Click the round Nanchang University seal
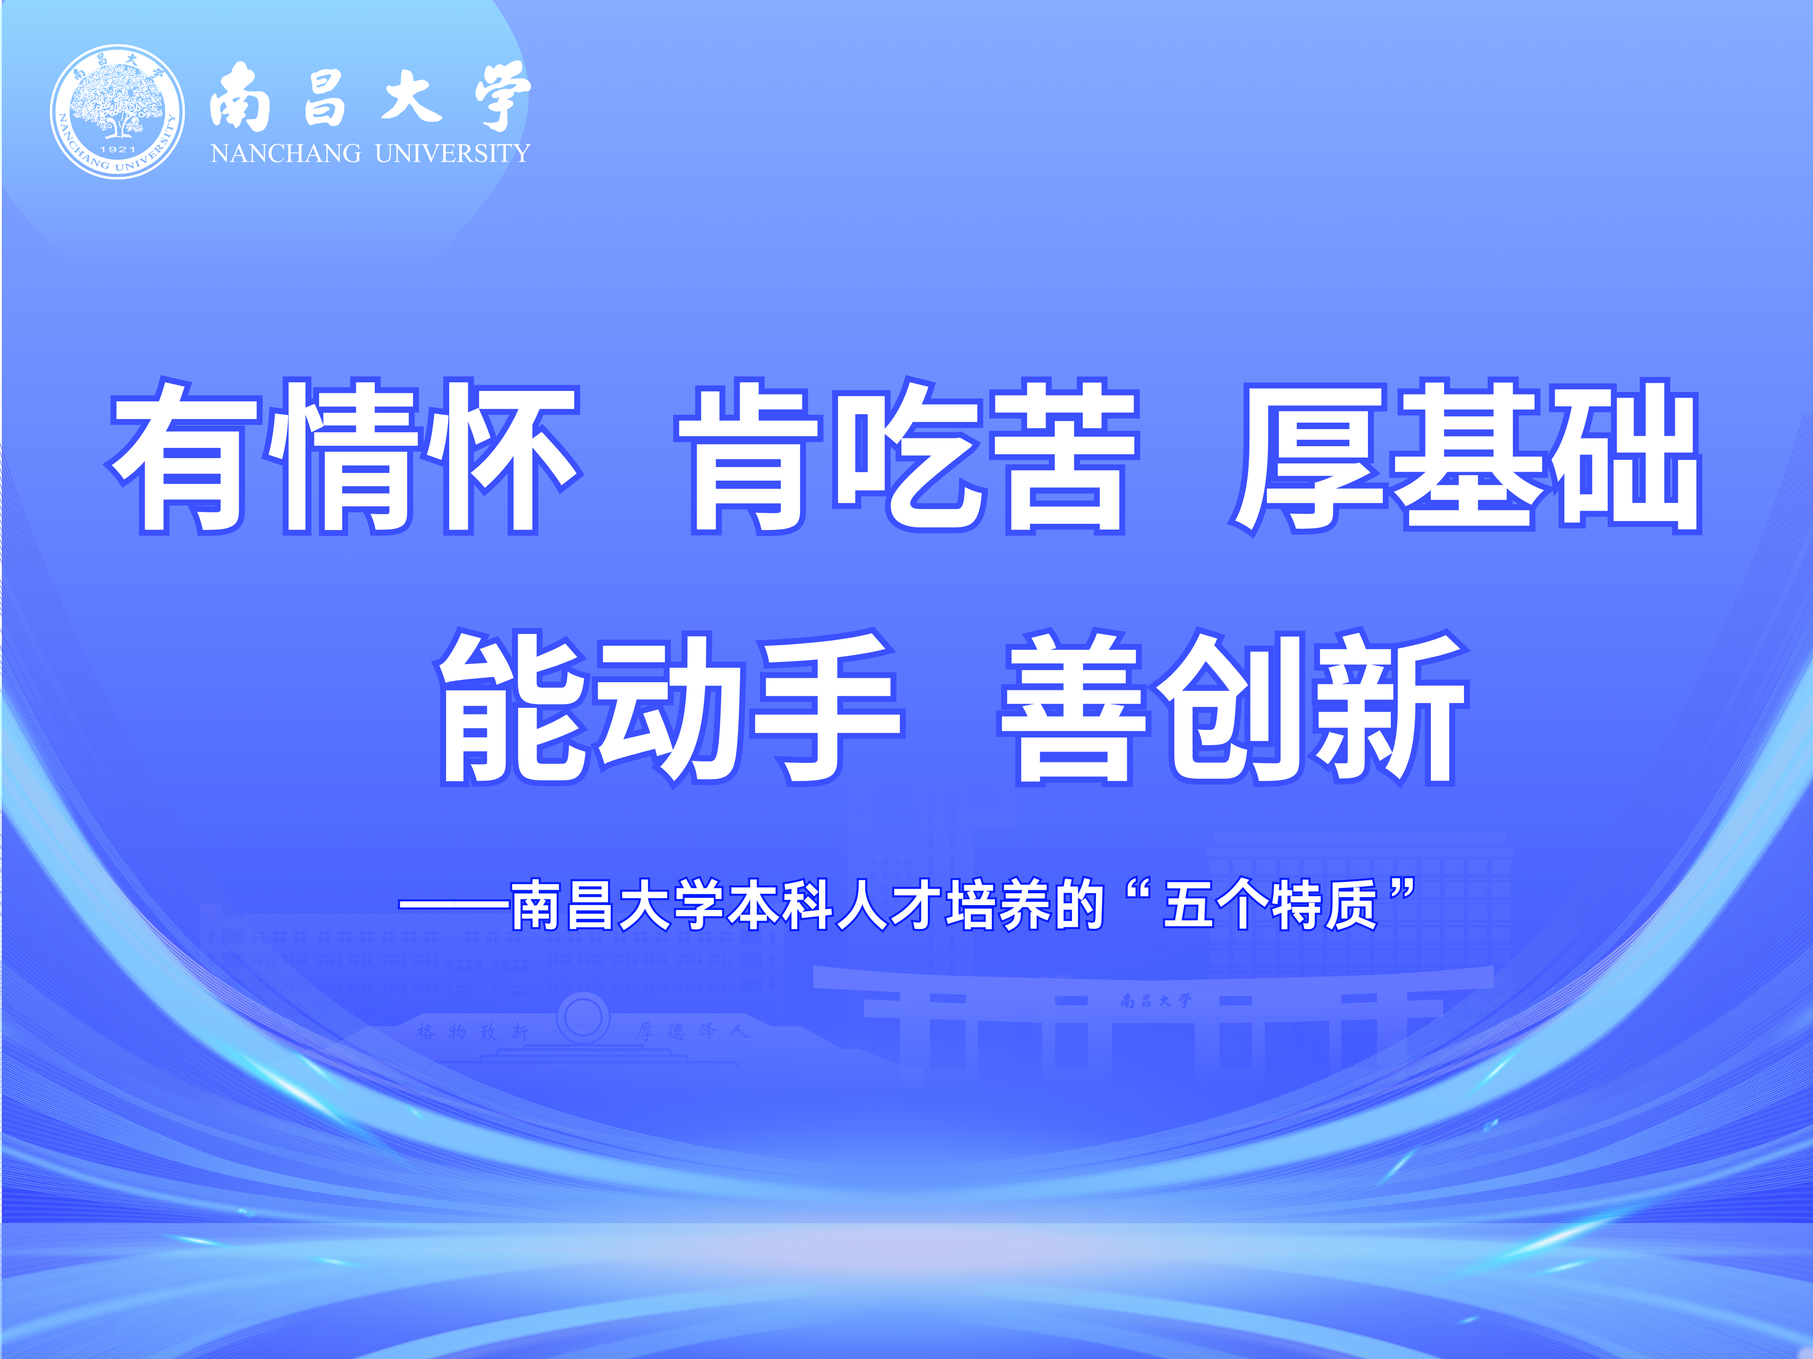click(x=117, y=111)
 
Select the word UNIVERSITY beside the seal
click(x=452, y=153)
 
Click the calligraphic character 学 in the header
click(x=502, y=96)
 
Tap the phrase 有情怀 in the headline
click(x=344, y=456)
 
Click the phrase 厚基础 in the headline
click(x=1465, y=456)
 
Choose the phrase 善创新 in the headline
click(x=1234, y=707)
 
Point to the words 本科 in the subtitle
click(x=780, y=905)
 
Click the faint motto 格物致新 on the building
click(x=471, y=1031)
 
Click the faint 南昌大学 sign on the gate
click(x=1156, y=1000)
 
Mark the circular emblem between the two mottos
click(x=583, y=1017)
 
